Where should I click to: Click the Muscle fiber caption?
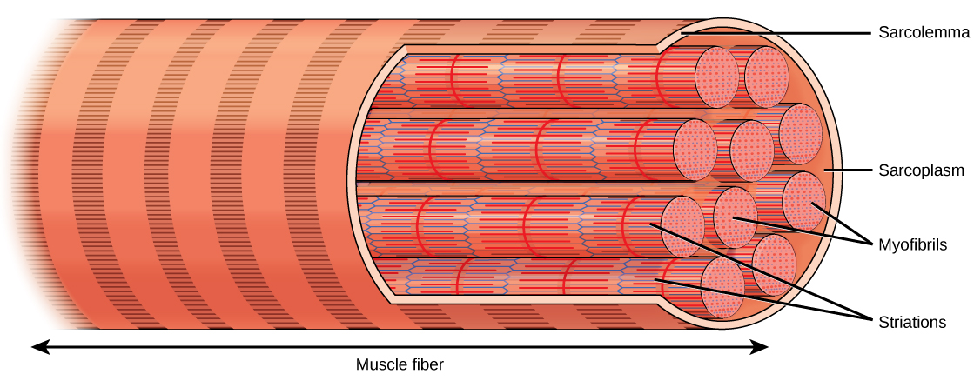400,364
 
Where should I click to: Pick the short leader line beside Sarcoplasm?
848,170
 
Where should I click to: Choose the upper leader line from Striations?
757,269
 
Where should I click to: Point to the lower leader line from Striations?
766,299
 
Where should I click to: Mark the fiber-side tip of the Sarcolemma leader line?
682,33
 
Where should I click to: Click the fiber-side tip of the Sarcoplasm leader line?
825,170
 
